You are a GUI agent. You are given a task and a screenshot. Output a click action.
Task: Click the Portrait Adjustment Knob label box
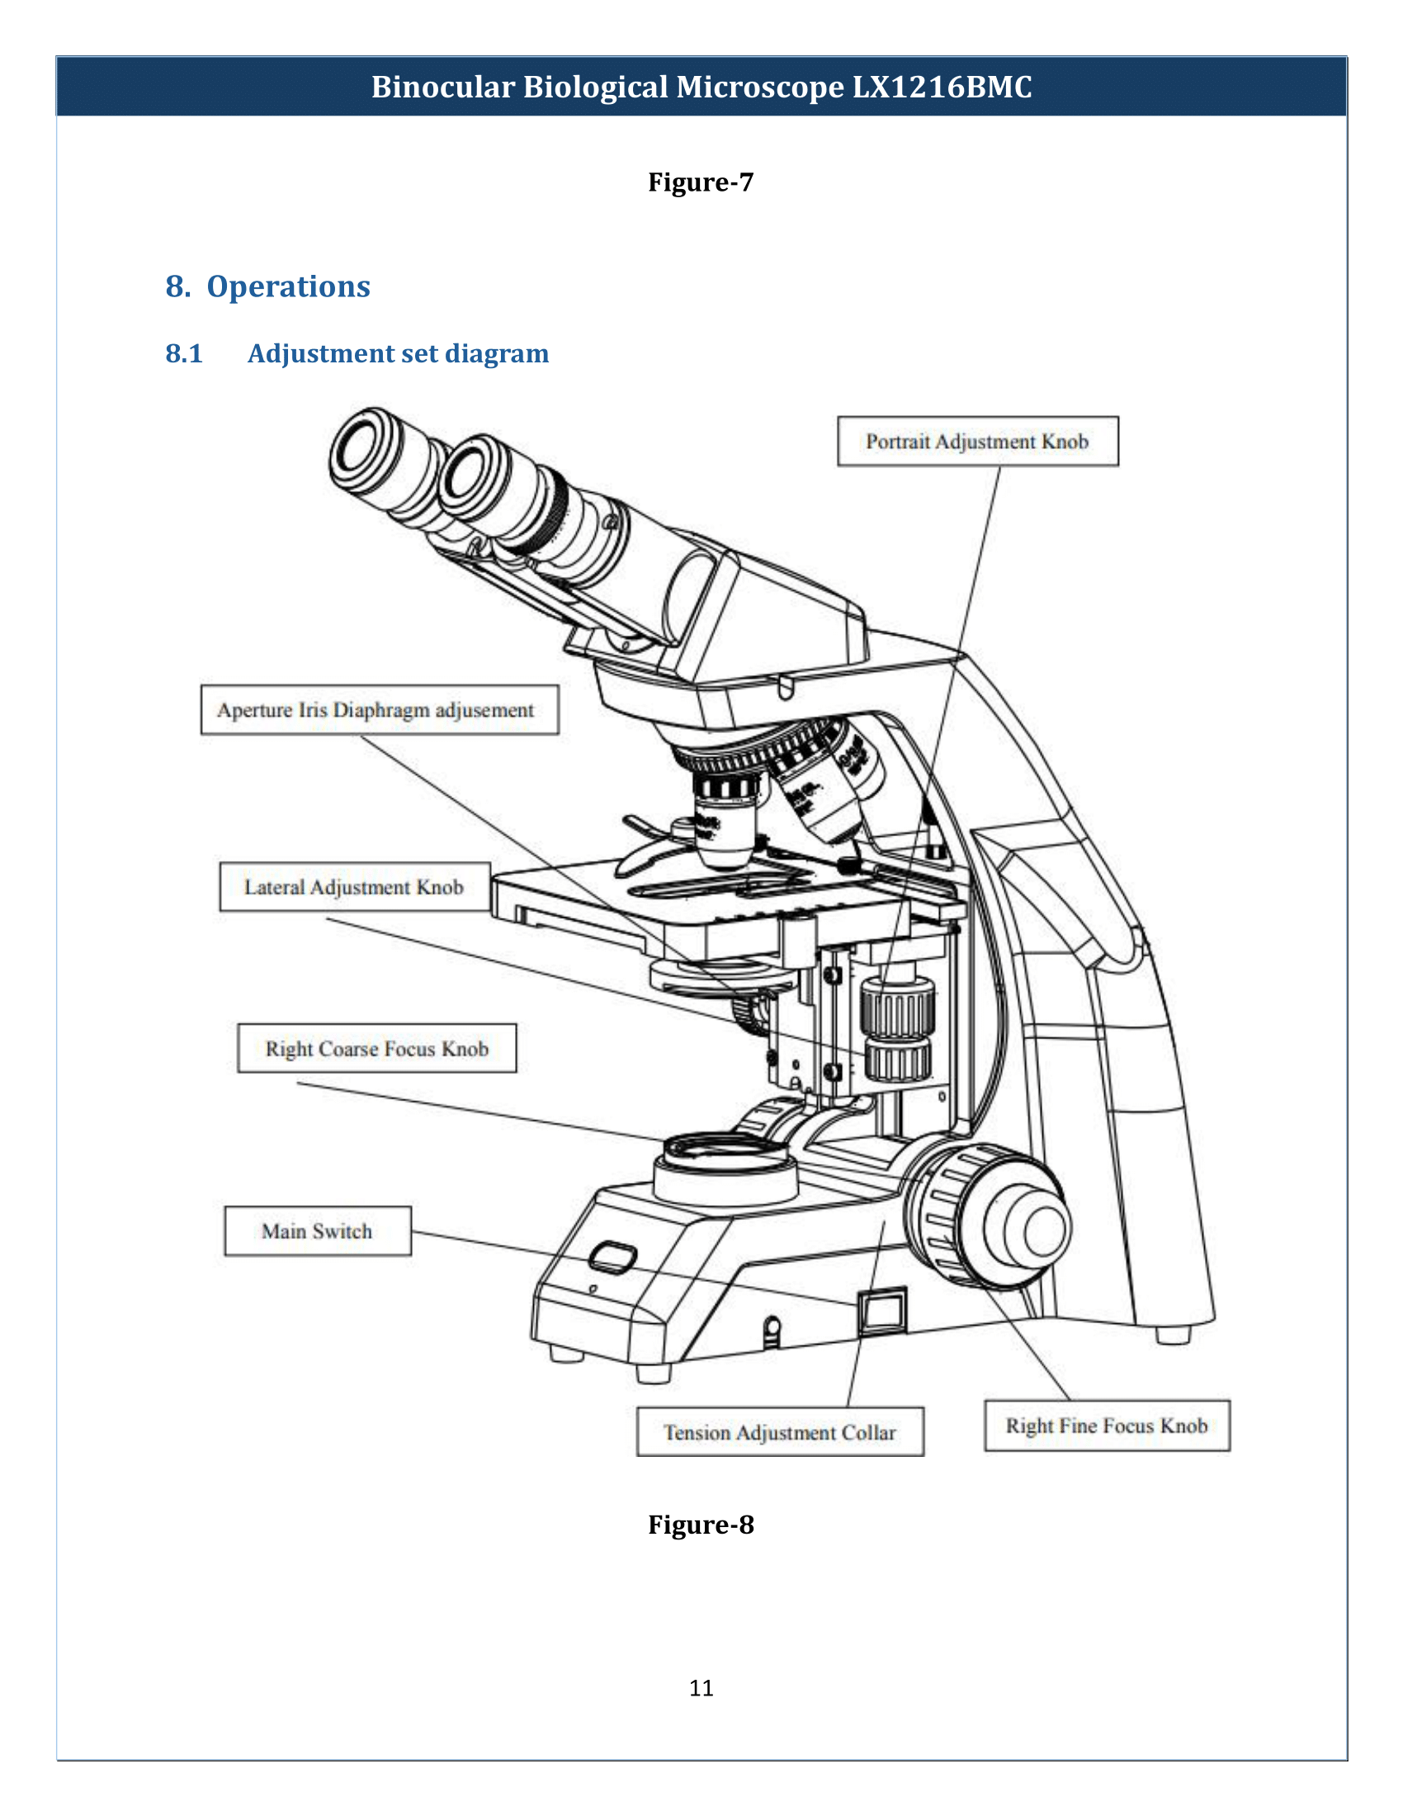coord(977,442)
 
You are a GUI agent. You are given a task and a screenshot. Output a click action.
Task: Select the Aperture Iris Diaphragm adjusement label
coord(379,710)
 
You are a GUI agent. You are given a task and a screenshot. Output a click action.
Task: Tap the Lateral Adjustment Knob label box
coord(354,887)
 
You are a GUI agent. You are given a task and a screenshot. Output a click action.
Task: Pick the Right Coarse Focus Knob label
coord(376,1048)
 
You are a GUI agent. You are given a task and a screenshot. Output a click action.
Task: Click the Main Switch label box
coord(318,1232)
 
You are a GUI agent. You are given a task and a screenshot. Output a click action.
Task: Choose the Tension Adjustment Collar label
coord(780,1433)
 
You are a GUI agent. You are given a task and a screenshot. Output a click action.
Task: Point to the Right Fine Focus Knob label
coord(1106,1426)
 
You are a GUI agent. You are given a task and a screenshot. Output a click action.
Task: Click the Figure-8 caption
coord(701,1525)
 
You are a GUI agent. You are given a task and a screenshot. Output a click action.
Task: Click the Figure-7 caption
coord(701,182)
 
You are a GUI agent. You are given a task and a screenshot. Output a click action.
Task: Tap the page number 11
coord(701,1687)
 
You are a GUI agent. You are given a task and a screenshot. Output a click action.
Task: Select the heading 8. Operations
coord(267,286)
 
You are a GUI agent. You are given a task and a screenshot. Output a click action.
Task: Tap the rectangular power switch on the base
coord(882,1312)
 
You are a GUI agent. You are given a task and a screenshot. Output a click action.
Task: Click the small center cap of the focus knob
coord(1045,1230)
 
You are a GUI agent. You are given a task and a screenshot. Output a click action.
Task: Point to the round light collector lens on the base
coord(725,1151)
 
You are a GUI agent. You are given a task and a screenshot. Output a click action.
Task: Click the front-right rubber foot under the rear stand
coord(1173,1335)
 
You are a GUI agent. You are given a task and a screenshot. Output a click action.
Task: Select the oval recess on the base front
coord(612,1258)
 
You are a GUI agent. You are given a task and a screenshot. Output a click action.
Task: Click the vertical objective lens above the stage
coord(725,823)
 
